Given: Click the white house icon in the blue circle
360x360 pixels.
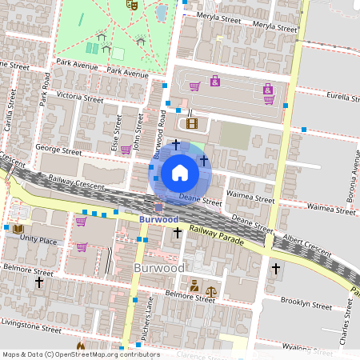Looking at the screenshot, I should [x=180, y=172].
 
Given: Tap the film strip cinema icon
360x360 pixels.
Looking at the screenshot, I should [x=191, y=122].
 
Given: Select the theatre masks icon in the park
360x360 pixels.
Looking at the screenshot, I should [x=132, y=4].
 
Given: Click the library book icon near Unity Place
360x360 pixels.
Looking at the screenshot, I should [x=18, y=229].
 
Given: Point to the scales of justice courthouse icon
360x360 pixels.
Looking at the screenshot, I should [x=211, y=291].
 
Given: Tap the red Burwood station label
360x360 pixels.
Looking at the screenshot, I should [x=158, y=219].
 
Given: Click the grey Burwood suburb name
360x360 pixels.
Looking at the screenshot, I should [x=159, y=267].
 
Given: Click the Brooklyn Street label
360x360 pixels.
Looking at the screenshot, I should [x=306, y=305].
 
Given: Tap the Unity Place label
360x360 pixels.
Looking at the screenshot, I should [x=38, y=238].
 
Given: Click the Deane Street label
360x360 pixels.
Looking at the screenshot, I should [x=199, y=197].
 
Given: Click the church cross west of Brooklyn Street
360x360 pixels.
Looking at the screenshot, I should [x=276, y=268].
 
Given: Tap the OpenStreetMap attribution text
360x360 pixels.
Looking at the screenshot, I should [x=80, y=354].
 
